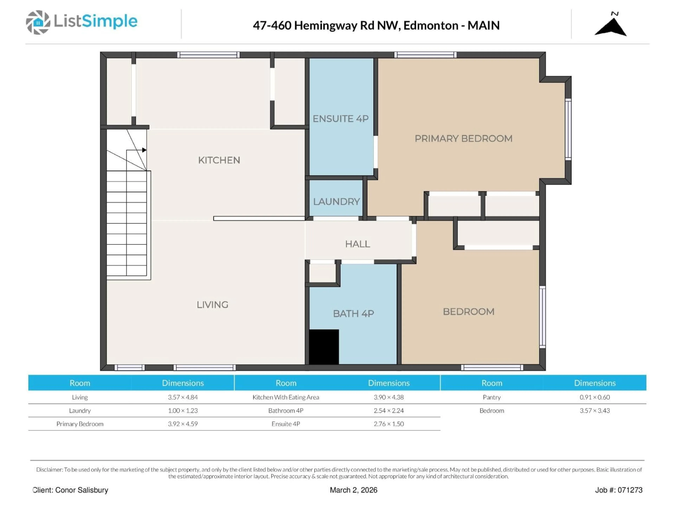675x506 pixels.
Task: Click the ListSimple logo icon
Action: (x=38, y=22)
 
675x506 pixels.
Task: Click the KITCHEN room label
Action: (x=219, y=160)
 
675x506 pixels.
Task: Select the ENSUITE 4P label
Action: (x=340, y=119)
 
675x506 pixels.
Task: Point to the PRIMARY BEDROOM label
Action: (x=463, y=138)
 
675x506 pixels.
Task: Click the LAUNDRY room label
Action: (x=336, y=202)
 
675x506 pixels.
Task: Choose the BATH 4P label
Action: (x=353, y=314)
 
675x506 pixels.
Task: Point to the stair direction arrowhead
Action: (x=144, y=150)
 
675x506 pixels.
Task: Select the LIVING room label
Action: (x=212, y=305)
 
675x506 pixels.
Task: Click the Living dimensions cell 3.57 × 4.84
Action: (x=183, y=397)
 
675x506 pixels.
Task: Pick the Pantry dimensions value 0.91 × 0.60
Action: (x=594, y=397)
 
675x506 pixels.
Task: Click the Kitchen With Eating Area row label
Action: (x=286, y=397)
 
